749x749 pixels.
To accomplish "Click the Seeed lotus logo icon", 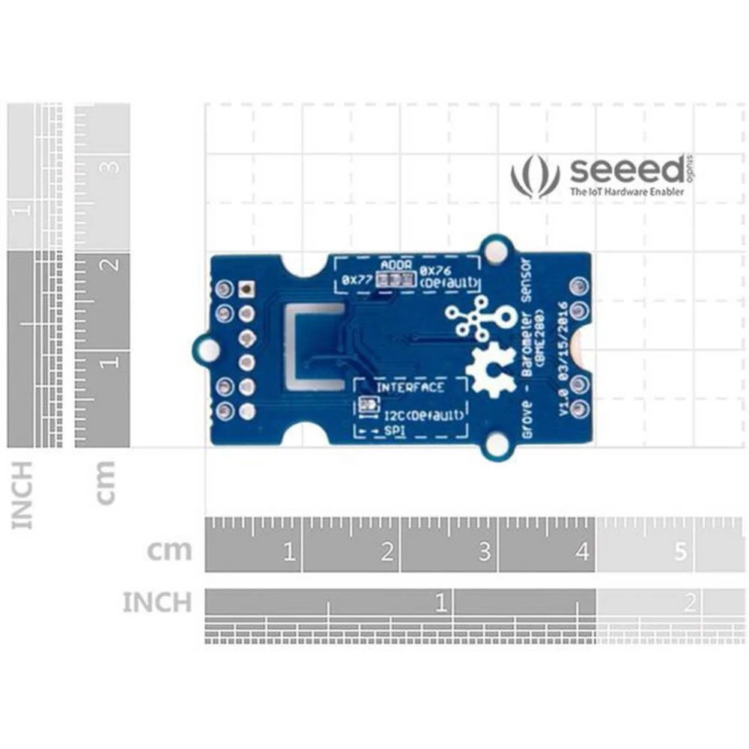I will (x=535, y=177).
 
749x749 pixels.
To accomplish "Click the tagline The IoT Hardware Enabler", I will (x=626, y=192).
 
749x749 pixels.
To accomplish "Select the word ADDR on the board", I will (x=395, y=265).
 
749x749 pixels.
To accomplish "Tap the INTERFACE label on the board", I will (x=410, y=387).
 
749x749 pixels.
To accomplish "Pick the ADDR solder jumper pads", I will (x=395, y=280).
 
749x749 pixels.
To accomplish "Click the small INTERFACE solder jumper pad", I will (x=367, y=407).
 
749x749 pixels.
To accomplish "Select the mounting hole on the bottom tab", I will (x=496, y=446).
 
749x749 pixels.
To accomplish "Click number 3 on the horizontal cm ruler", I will (x=485, y=554).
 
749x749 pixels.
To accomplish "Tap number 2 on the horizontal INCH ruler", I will (x=690, y=601).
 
